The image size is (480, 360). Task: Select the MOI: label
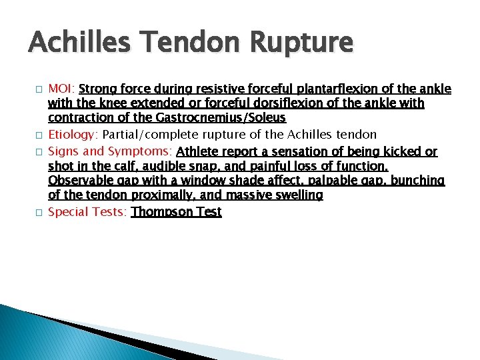click(63, 89)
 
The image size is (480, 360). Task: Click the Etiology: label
click(72, 135)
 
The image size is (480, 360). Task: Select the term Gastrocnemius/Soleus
click(225, 119)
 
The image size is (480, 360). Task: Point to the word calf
click(111, 166)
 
